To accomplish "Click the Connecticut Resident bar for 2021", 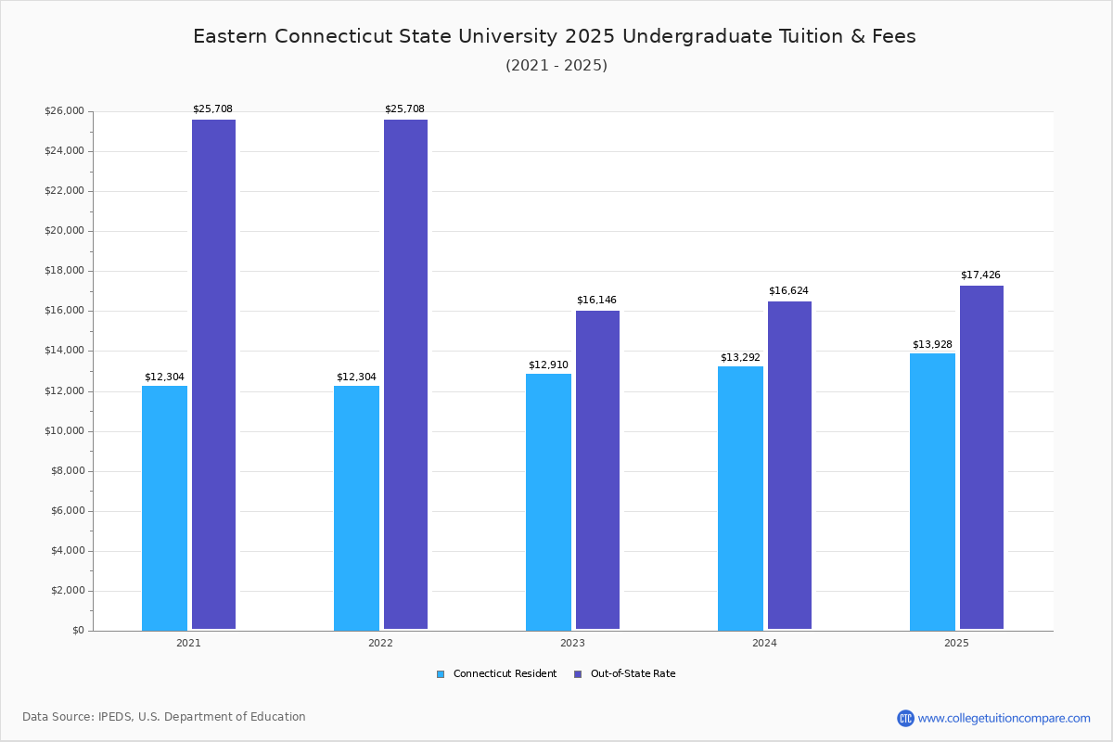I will (164, 507).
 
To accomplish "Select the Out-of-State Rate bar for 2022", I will (405, 375).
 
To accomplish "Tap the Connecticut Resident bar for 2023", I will (548, 502).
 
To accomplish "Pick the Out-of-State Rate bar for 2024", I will (789, 466).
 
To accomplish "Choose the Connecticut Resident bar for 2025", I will (932, 492).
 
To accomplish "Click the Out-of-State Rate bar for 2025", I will (981, 457).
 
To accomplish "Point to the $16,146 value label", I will (596, 301).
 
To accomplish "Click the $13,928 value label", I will (932, 345).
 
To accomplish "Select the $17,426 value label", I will (980, 275).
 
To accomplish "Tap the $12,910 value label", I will (548, 365).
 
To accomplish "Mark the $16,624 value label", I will (788, 291).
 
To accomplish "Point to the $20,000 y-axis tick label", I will (64, 231).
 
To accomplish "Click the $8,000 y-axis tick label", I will (67, 471).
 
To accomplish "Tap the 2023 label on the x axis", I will (572, 643).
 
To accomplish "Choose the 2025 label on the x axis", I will (956, 643).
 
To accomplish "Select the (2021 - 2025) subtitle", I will (556, 66).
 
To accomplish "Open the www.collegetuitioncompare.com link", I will (1004, 718).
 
